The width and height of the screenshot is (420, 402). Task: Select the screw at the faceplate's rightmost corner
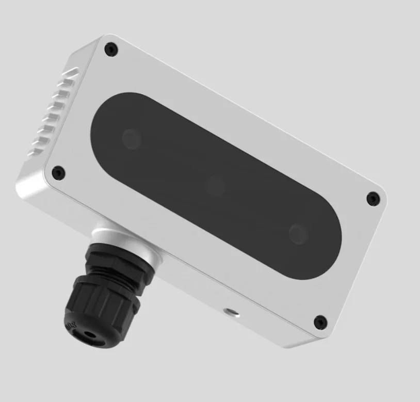click(373, 198)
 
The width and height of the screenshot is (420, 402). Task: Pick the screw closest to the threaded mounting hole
click(320, 321)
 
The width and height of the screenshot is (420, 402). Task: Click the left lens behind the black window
click(132, 138)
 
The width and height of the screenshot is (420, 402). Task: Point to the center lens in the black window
click(216, 186)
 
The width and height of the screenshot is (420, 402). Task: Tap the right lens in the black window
click(299, 233)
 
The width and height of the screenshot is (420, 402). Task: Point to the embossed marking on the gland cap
click(73, 325)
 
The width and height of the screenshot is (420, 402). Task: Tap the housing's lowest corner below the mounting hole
click(310, 343)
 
